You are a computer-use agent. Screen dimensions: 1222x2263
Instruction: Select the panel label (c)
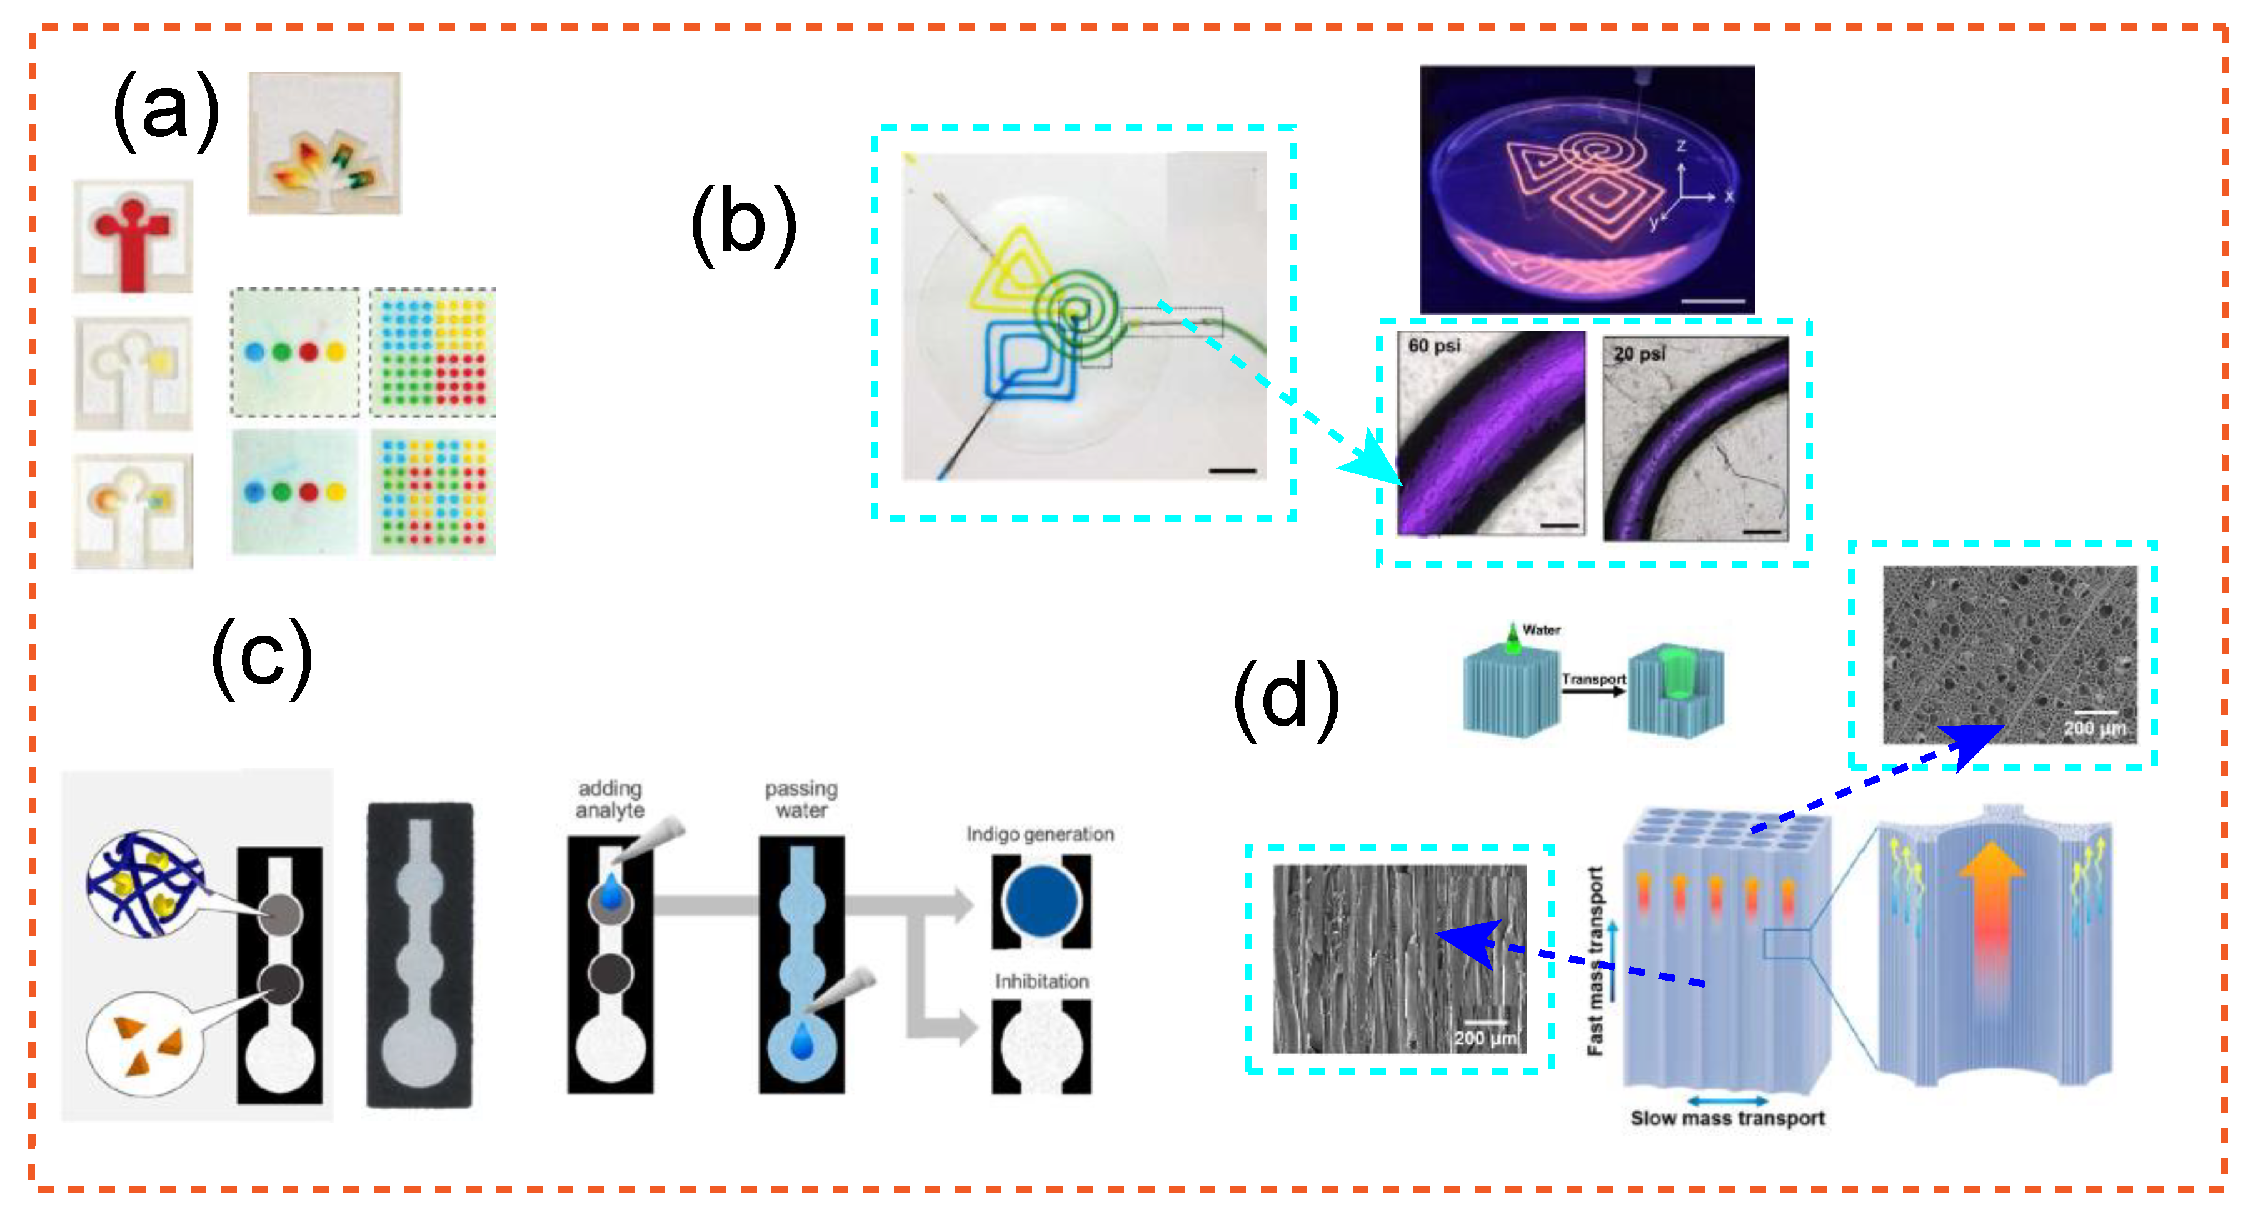click(x=262, y=658)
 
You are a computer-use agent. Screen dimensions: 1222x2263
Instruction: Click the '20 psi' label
click(x=1638, y=353)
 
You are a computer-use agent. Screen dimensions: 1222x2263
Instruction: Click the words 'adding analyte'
click(x=610, y=799)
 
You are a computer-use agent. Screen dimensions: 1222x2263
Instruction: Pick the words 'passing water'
click(x=800, y=799)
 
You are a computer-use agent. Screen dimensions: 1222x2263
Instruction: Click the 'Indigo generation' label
click(x=1040, y=834)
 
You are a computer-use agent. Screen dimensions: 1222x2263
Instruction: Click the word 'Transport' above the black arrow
click(x=1593, y=679)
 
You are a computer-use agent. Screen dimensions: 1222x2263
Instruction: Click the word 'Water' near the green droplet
click(x=1541, y=630)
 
